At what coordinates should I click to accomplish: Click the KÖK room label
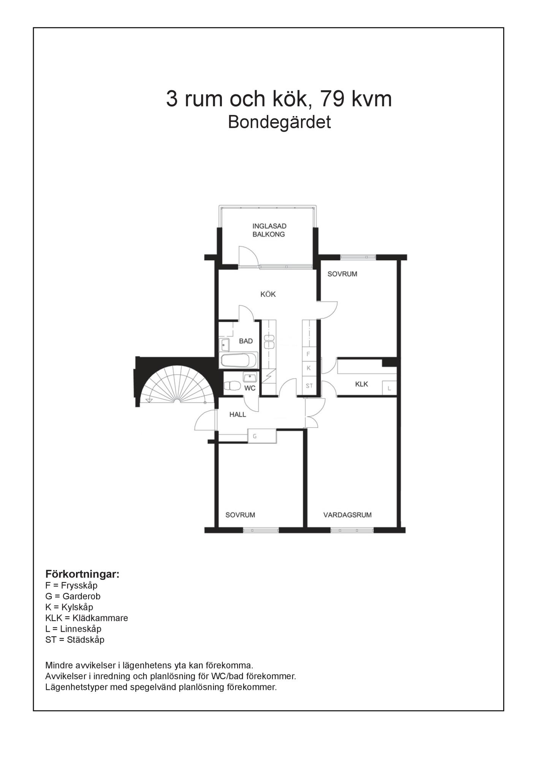click(x=268, y=294)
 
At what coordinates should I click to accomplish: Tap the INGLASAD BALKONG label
click(x=269, y=230)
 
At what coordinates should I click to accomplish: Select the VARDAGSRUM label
click(x=347, y=515)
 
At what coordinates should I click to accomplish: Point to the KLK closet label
click(x=361, y=384)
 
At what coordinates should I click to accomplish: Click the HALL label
click(x=238, y=414)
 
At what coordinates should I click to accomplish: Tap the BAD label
click(x=246, y=341)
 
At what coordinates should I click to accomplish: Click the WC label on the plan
click(x=250, y=388)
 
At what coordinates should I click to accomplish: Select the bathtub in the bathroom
click(x=239, y=360)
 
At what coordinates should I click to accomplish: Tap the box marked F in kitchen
click(x=309, y=354)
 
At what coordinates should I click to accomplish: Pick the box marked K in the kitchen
click(x=309, y=368)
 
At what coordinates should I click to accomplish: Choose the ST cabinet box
click(x=309, y=385)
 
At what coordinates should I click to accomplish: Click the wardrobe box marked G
click(x=262, y=436)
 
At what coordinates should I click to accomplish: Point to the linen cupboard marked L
click(x=390, y=388)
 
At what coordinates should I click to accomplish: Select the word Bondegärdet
click(x=279, y=122)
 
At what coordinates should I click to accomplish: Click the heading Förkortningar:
click(x=82, y=574)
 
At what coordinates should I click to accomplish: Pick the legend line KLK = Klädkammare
click(x=87, y=618)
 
